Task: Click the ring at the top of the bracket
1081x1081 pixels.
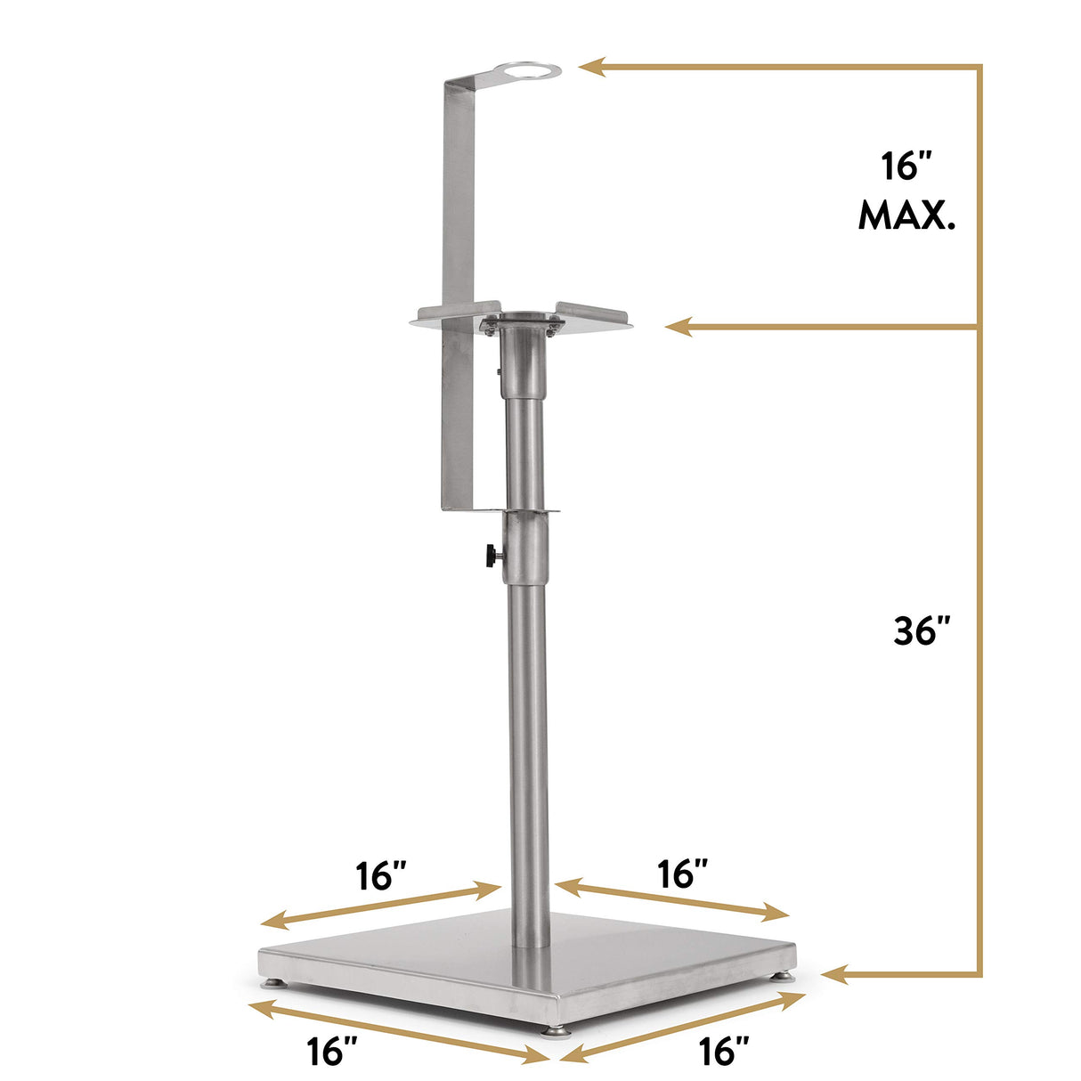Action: click(530, 70)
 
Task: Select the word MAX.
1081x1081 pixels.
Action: click(906, 215)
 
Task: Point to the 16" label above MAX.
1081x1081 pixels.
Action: click(906, 167)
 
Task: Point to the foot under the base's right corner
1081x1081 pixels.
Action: click(784, 976)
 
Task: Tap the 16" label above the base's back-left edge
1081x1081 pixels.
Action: click(381, 875)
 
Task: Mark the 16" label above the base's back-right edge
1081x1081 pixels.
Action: click(684, 874)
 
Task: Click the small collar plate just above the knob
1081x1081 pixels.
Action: click(530, 511)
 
